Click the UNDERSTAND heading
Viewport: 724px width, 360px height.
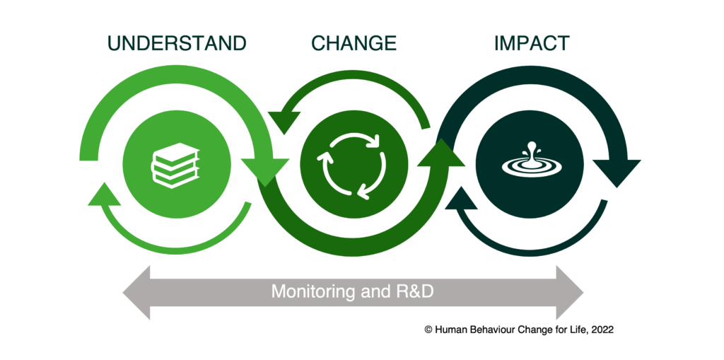[x=177, y=43]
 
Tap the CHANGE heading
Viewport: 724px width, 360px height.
[x=354, y=43]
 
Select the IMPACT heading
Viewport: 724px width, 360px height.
[x=532, y=43]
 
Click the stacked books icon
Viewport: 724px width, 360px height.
[x=176, y=166]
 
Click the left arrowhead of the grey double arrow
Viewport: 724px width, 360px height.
[x=136, y=293]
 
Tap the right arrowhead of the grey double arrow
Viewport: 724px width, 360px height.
[x=569, y=293]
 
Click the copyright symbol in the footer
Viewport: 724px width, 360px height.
[x=428, y=330]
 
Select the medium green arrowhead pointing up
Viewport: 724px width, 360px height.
[x=441, y=153]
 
